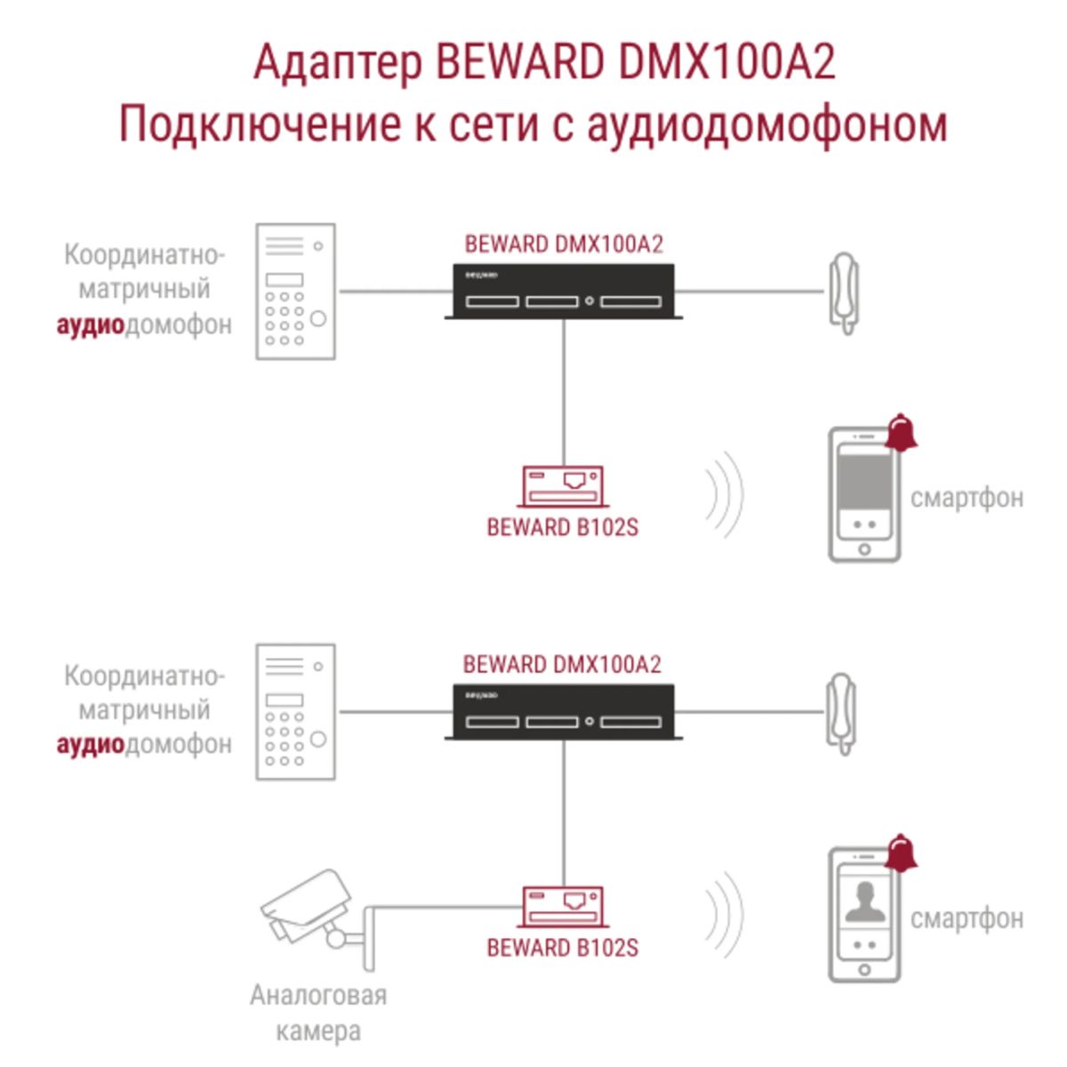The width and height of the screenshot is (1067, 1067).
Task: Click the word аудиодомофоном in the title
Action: click(766, 124)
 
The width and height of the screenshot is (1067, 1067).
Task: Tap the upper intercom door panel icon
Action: click(295, 292)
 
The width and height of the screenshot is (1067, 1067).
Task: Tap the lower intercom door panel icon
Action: click(295, 712)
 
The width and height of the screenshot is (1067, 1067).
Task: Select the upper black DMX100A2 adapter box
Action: click(561, 292)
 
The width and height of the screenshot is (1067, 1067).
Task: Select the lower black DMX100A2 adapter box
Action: click(561, 712)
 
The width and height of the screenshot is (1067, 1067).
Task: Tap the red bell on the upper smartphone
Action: click(902, 433)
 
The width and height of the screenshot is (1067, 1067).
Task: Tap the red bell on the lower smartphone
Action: click(902, 854)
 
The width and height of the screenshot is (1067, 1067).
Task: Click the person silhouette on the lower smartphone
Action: click(863, 903)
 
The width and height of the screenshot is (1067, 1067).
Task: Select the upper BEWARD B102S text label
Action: click(562, 527)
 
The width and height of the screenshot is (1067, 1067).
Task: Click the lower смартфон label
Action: click(967, 918)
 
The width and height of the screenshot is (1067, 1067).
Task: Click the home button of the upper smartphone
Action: click(863, 550)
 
